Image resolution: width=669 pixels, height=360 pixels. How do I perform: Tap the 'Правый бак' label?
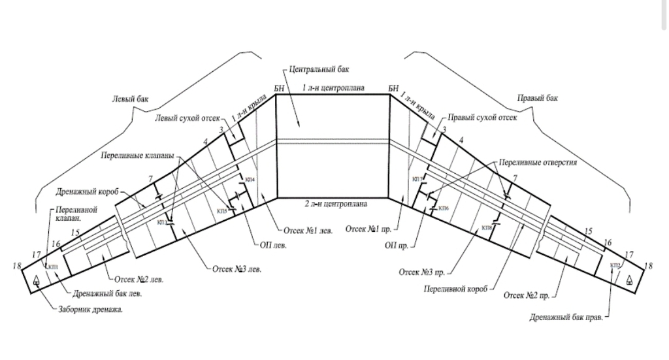coord(538,99)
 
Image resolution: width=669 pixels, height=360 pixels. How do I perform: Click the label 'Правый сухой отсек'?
coord(483,118)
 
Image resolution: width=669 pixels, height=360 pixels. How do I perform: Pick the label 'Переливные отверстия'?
coord(538,161)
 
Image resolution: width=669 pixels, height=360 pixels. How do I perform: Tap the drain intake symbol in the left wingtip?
coord(37,280)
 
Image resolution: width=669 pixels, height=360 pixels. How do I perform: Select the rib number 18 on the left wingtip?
coord(16,265)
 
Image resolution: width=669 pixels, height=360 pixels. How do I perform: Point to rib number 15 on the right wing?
coord(588,231)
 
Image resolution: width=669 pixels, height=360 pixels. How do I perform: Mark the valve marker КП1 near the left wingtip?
coord(52,267)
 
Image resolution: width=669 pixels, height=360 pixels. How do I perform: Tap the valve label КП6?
coord(444,208)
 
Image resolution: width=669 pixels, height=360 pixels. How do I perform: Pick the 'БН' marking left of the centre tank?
coord(280,88)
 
